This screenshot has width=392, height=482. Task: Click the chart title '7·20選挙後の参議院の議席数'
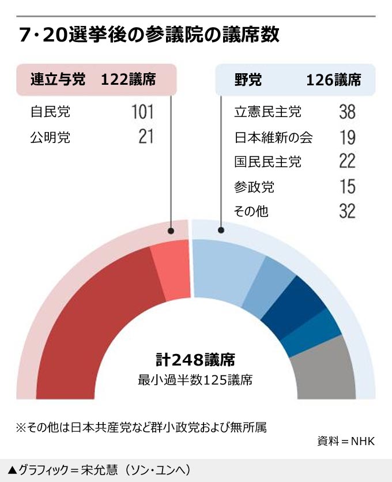pyautogui.click(x=149, y=35)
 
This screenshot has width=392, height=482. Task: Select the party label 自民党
pyautogui.click(x=50, y=112)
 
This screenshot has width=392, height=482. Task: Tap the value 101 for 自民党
pyautogui.click(x=142, y=112)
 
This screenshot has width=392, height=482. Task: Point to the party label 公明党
pyautogui.click(x=50, y=137)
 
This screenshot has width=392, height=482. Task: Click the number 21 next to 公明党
pyautogui.click(x=146, y=137)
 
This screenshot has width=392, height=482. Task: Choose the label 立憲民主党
pyautogui.click(x=267, y=112)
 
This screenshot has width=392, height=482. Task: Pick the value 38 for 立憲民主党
pyautogui.click(x=347, y=112)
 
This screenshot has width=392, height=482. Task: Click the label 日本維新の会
pyautogui.click(x=274, y=137)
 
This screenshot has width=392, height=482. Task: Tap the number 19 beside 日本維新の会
pyautogui.click(x=347, y=137)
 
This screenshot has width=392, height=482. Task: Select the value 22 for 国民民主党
pyautogui.click(x=347, y=162)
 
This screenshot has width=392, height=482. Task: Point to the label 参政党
pyautogui.click(x=254, y=187)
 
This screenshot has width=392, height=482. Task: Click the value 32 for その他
pyautogui.click(x=347, y=212)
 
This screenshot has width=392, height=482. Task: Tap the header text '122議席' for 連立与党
pyautogui.click(x=128, y=80)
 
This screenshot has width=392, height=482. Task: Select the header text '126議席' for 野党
pyautogui.click(x=334, y=80)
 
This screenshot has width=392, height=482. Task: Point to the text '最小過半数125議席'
pyautogui.click(x=195, y=381)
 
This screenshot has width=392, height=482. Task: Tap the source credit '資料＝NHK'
pyautogui.click(x=346, y=442)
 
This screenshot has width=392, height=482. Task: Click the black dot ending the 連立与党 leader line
pyautogui.click(x=171, y=231)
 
